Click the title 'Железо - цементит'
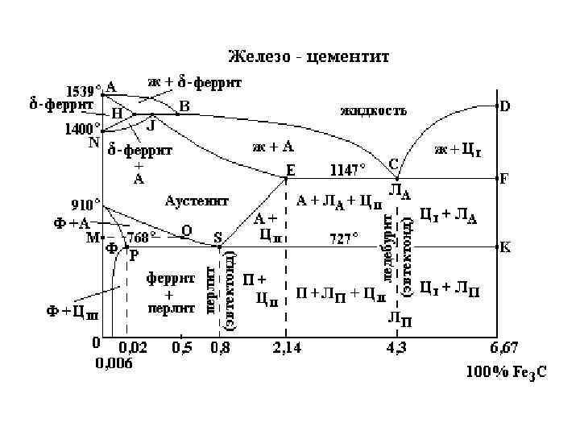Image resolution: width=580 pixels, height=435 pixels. (x=309, y=57)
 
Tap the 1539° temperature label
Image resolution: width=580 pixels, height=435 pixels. (x=83, y=89)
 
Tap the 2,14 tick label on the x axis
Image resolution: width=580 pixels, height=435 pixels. (x=287, y=348)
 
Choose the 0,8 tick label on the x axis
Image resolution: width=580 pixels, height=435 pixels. (x=219, y=348)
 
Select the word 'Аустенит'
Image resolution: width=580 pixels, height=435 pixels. (x=197, y=199)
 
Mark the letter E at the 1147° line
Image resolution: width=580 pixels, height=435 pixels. (x=291, y=169)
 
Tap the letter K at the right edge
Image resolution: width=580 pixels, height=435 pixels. (x=505, y=246)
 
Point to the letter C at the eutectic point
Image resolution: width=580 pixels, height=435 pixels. (x=393, y=164)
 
